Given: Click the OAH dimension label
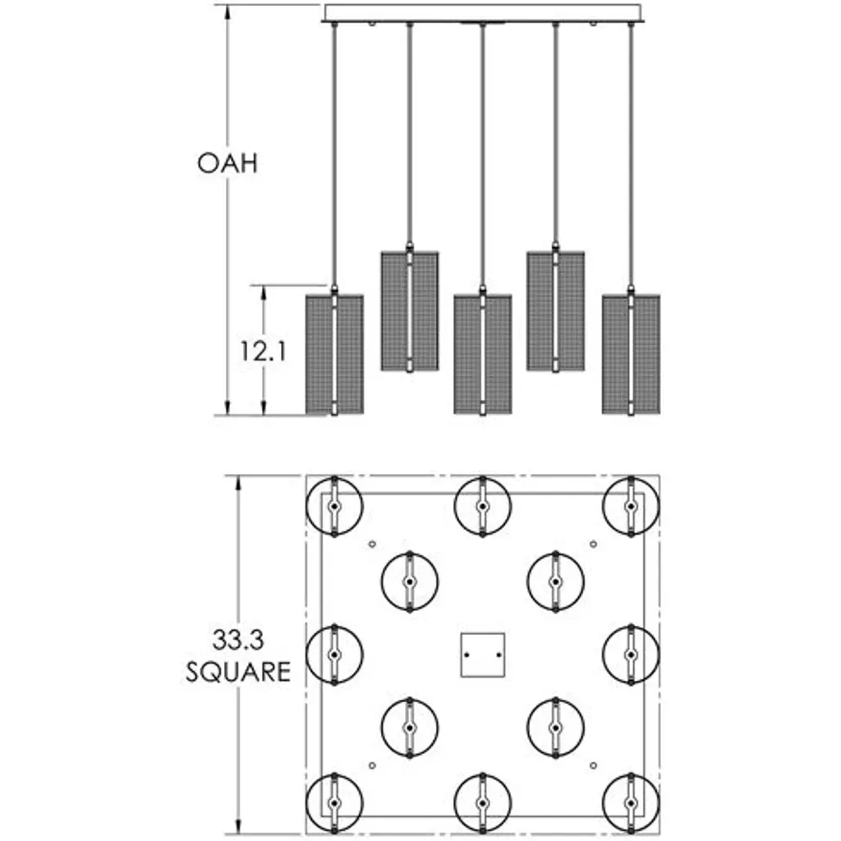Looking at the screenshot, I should point(227,163).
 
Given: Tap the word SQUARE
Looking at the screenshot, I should point(238,672).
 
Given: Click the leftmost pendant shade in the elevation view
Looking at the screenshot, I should point(334,353).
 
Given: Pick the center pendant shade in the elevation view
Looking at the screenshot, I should point(483,353).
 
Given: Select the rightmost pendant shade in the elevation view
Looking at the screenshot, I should point(631,353).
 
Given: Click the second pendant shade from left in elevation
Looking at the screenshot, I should point(409,310).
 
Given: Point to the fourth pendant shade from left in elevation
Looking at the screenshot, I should point(556,310).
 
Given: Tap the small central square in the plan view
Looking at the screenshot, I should point(482,655).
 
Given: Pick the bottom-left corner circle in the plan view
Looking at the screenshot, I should point(334,802).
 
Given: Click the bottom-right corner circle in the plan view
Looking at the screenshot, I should point(631,802).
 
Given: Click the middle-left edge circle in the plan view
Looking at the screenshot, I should point(334,655).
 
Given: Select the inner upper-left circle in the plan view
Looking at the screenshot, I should point(409,581).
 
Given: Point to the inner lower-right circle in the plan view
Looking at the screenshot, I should point(556,728).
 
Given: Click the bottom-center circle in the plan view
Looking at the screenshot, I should point(483,802).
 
